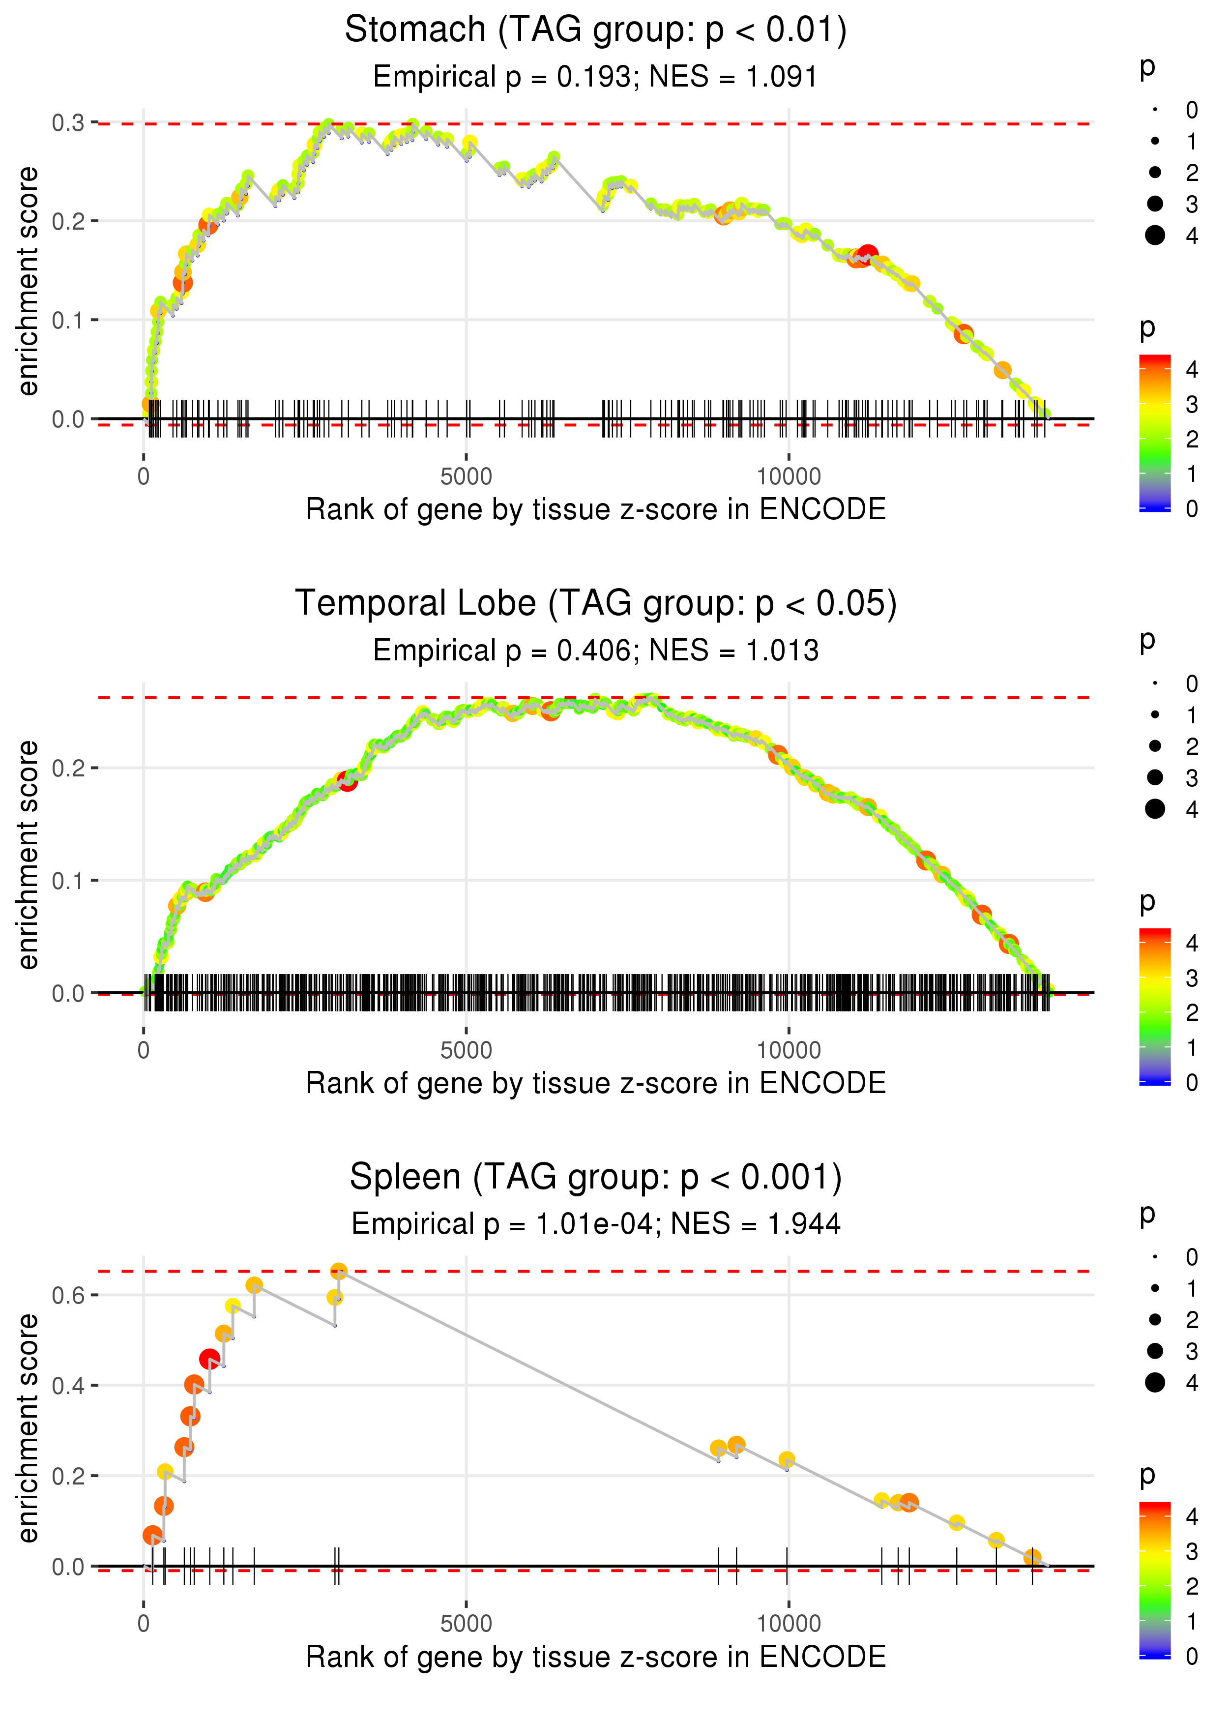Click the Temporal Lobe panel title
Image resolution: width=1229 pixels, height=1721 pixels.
[596, 604]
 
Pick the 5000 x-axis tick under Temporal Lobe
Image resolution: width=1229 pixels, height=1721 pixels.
[466, 1050]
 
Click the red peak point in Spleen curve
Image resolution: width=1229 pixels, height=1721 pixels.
[209, 1359]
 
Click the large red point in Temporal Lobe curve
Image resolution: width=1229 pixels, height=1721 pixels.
[348, 781]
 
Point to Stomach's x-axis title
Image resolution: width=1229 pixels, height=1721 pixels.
[596, 509]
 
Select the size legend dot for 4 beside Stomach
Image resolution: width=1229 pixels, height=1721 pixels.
[1155, 236]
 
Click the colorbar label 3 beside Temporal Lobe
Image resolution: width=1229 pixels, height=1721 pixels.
[1192, 978]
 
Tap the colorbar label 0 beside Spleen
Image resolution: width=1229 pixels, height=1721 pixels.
[1192, 1657]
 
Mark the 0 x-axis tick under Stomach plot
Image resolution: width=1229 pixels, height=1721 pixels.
[144, 477]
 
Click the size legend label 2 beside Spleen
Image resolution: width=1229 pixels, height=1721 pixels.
[1192, 1320]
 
